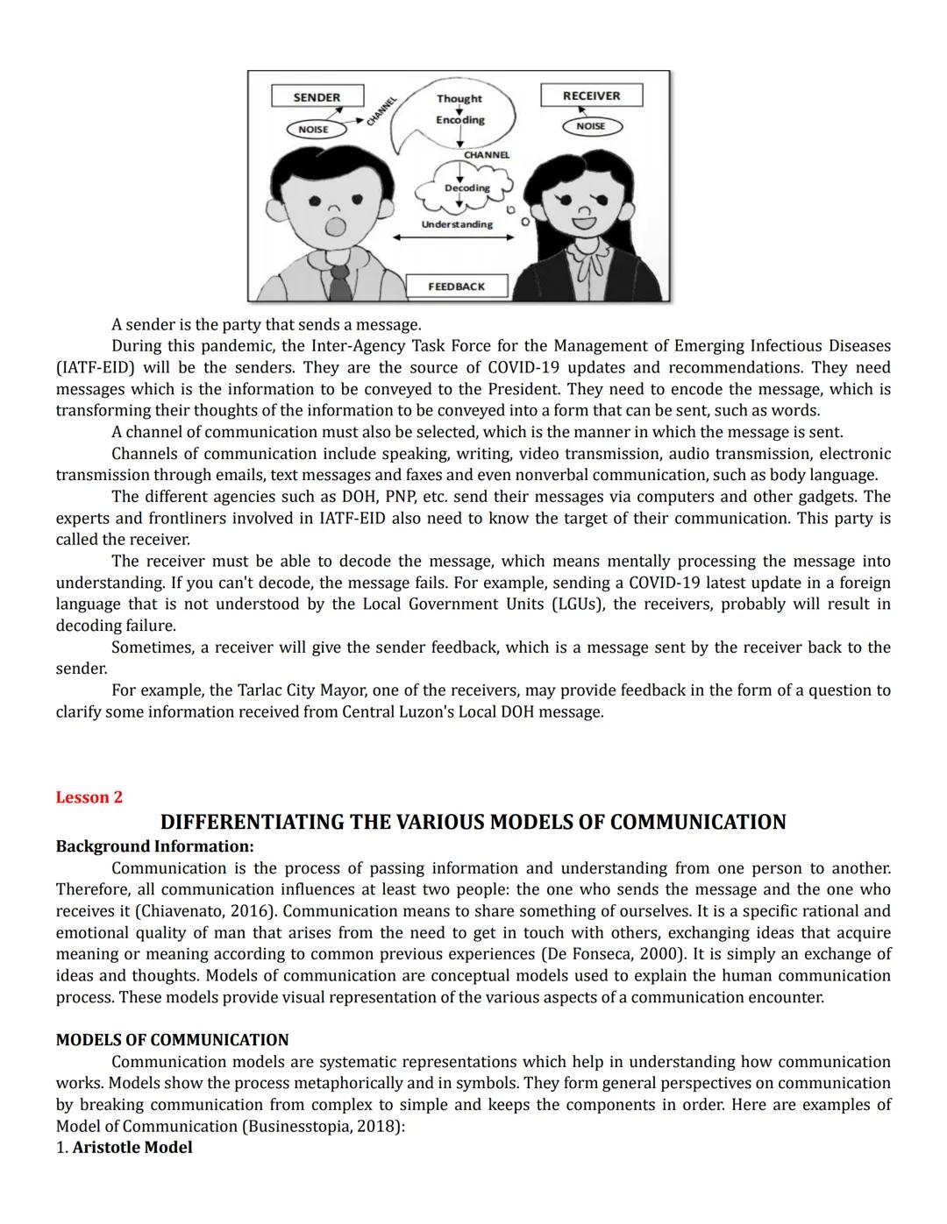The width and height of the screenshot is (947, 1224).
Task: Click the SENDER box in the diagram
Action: click(316, 97)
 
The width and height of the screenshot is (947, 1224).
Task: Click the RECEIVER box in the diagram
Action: click(591, 96)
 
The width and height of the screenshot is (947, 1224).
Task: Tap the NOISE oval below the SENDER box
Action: click(313, 129)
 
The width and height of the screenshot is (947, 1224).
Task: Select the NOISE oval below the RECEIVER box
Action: click(591, 126)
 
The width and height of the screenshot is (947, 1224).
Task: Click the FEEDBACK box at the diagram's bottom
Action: click(456, 287)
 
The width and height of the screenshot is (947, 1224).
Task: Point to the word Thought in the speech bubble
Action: click(459, 99)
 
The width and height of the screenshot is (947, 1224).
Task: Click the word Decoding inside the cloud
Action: click(466, 187)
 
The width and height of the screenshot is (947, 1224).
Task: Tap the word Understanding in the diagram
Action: click(457, 224)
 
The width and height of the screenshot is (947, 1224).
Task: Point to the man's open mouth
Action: click(334, 228)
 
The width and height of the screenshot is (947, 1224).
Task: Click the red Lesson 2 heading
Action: click(89, 797)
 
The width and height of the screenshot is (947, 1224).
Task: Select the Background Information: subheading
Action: click(154, 846)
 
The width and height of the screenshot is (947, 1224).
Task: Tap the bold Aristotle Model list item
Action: click(132, 1147)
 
